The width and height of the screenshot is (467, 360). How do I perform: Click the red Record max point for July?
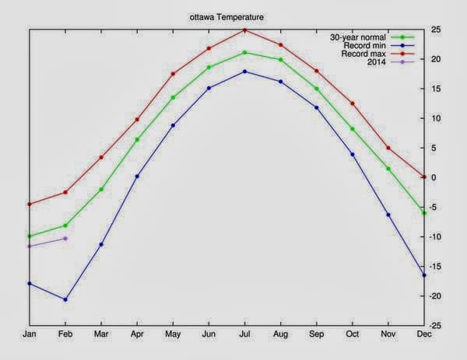244,30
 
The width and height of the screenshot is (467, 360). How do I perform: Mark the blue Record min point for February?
65,299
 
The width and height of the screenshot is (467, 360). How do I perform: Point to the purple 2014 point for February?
65,238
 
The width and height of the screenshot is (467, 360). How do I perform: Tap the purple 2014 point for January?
30,246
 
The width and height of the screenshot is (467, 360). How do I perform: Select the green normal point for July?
244,52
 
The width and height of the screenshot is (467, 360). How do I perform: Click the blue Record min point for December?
424,275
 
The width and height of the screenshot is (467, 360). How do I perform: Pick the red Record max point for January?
30,204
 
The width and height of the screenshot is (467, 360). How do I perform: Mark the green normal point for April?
137,139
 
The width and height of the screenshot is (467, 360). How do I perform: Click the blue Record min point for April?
137,176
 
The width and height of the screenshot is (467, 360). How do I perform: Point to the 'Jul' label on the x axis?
244,335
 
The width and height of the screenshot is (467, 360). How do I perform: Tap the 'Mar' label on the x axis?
101,335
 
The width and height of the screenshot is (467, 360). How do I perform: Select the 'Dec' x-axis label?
423,335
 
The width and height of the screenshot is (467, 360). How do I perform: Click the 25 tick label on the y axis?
438,30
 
